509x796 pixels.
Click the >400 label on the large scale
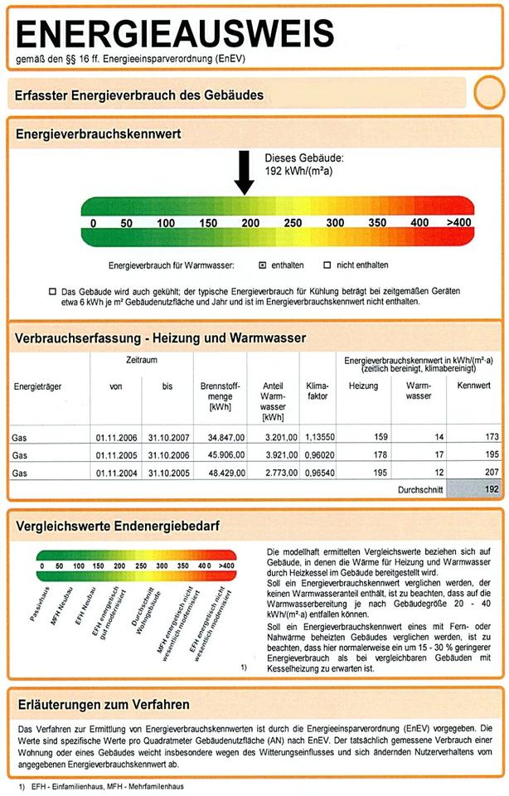tap(458, 223)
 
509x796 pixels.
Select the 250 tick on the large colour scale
tap(293, 223)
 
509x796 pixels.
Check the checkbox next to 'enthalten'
tap(262, 265)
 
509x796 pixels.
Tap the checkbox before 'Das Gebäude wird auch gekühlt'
tap(53, 292)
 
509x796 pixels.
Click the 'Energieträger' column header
tap(38, 386)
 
